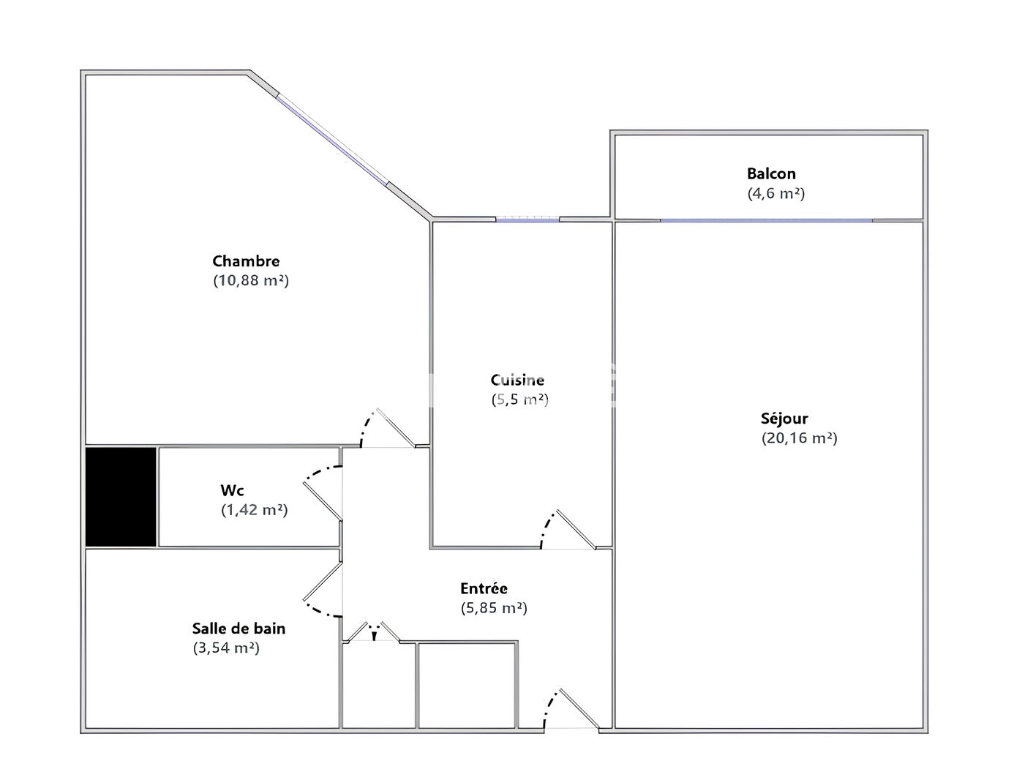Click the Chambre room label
pos(246,260)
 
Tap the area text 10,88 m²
pos(251,280)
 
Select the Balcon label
pos(771,173)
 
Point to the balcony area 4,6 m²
pos(776,193)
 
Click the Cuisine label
pos(517,380)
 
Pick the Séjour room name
pos(784,418)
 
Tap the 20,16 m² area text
pos(800,438)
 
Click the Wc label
pos(232,490)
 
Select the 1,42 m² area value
pos(255,510)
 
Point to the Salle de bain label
pos(239,629)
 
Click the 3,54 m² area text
pos(226,648)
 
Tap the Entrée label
pos(484,588)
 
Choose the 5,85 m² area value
pos(494,608)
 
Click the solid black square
pos(121,497)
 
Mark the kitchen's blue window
pos(527,220)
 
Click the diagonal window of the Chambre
pos(331,140)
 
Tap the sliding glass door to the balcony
pos(766,220)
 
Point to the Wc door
pos(323,500)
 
